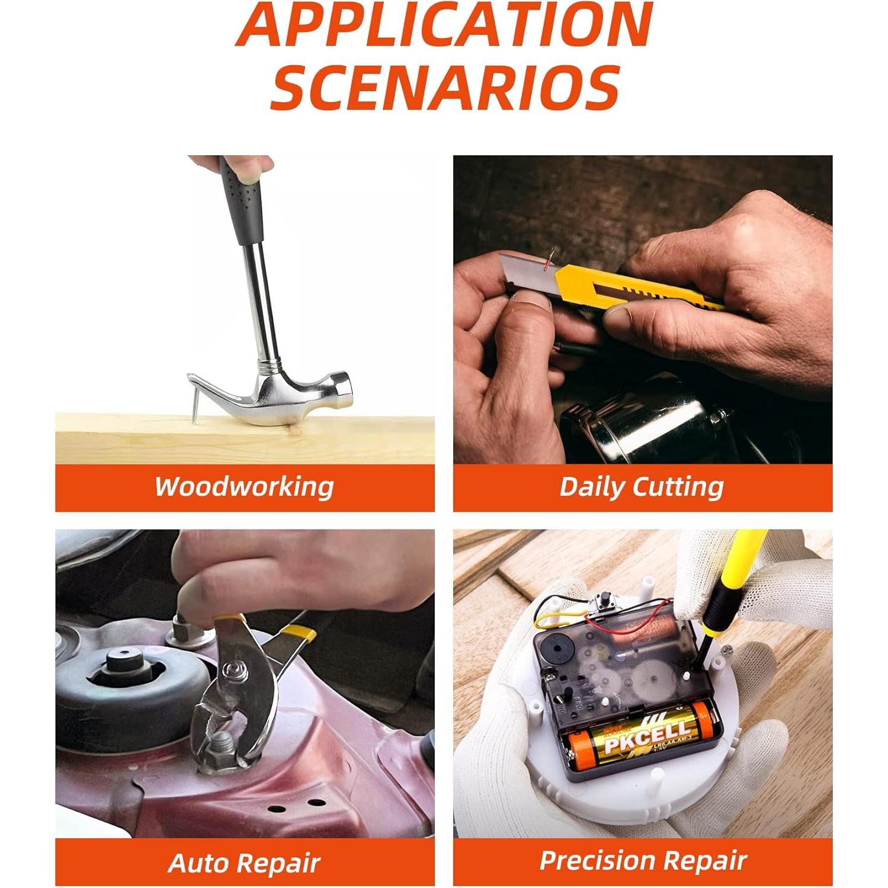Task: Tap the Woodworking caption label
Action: point(244,487)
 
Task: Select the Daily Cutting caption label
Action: point(642,487)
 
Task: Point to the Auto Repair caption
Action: point(244,863)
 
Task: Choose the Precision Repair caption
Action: point(642,860)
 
